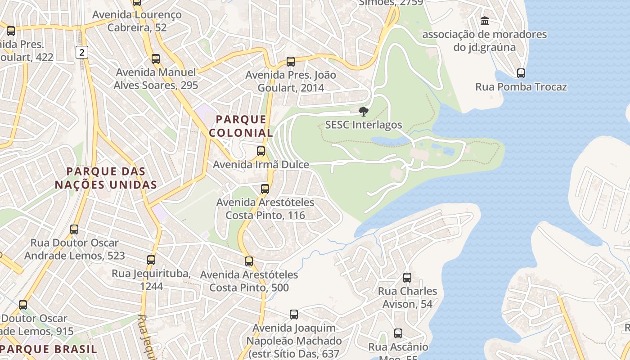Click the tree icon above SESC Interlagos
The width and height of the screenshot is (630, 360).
coord(363,111)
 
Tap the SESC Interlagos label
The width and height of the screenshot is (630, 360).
coord(364,125)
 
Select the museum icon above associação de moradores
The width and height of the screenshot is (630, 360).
coord(485,21)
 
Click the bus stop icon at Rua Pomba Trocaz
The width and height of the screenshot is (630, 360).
coord(521,73)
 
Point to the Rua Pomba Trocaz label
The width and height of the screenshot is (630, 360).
coord(521,87)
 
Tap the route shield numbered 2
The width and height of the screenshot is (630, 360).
coord(81,53)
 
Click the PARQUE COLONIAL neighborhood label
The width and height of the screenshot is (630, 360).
coord(241,126)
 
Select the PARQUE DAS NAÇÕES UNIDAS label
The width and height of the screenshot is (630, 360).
coord(106,178)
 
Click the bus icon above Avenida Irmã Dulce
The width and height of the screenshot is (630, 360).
coord(261,151)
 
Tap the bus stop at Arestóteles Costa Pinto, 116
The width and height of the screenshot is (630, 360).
coord(265,189)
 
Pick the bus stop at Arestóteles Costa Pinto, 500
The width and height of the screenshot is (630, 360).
coord(249,261)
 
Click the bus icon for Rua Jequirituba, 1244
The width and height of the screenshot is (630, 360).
coord(151,260)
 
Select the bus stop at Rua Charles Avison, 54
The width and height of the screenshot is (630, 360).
coord(407,278)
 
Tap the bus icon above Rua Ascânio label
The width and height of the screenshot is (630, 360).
coord(398,333)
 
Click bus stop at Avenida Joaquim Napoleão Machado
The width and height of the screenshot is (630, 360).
coord(294,315)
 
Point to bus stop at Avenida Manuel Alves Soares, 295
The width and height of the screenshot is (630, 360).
coord(156,58)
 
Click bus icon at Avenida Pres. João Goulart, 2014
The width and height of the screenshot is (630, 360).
coord(291,61)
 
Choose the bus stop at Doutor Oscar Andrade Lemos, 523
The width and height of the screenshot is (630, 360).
coord(74,229)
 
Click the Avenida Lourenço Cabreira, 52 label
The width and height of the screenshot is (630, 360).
coord(137,21)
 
